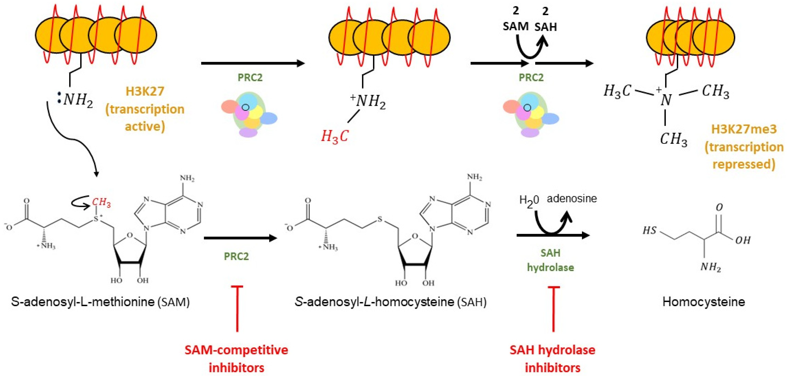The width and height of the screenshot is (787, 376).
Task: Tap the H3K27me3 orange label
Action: pos(744,129)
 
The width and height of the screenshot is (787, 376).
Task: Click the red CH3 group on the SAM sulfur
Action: pos(102,202)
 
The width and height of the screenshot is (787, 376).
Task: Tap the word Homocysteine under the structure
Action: pos(704,302)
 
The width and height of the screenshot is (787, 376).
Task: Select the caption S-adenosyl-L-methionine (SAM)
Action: pos(100,302)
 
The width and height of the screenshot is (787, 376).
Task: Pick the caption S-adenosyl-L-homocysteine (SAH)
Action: pos(390,302)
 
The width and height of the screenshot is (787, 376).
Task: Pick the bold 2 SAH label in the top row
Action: pos(546,21)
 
